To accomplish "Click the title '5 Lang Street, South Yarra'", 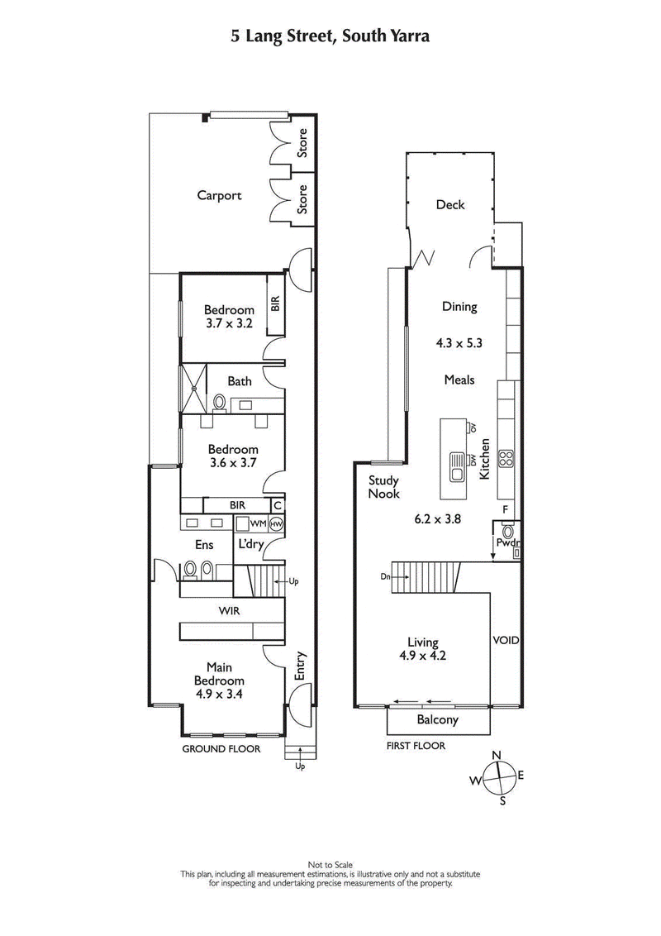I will pos(330,36).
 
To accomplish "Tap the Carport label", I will pos(219,196).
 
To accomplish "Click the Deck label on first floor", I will pos(450,205).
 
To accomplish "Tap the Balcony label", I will pos(438,720).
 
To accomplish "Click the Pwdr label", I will pos(505,543).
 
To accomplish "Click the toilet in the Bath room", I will pos(220,402).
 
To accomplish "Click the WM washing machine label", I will pos(258,523).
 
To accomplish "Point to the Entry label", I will pos(300,666).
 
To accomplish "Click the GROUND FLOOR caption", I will pos(221,749).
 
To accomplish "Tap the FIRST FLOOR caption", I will pos(416,746).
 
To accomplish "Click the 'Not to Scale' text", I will pos(330,865).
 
